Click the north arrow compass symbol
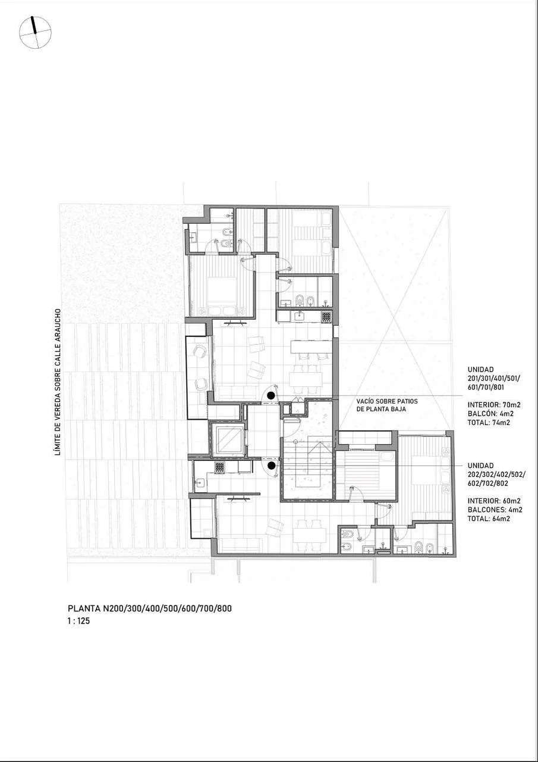pyautogui.click(x=35, y=33)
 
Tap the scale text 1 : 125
pyautogui.click(x=79, y=621)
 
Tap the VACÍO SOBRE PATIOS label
pyautogui.click(x=387, y=401)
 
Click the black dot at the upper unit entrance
pyautogui.click(x=270, y=395)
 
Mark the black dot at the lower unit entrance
pyautogui.click(x=270, y=466)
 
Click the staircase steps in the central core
pyautogui.click(x=308, y=466)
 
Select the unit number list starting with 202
pyautogui.click(x=496, y=474)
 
